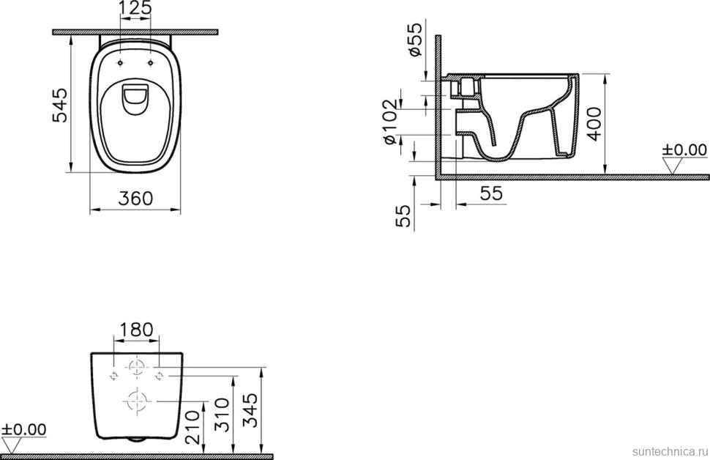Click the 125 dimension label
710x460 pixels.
(135, 9)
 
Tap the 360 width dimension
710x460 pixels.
(135, 199)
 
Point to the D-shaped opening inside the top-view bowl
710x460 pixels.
(135, 100)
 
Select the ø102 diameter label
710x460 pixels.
(391, 122)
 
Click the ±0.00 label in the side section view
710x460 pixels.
(684, 150)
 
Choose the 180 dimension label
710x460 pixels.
(135, 330)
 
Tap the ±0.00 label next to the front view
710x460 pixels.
(24, 429)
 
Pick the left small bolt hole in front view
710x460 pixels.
(113, 376)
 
